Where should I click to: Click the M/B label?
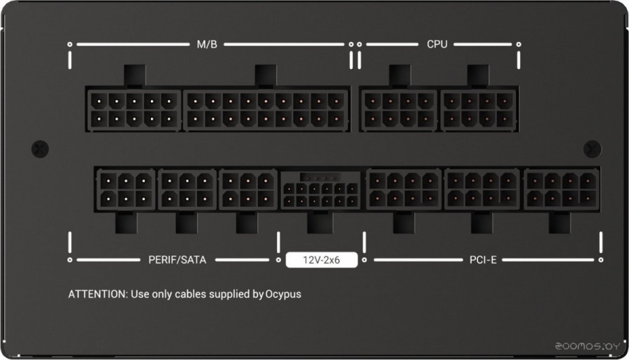207,44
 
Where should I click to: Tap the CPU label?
437,44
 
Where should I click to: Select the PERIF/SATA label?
178,259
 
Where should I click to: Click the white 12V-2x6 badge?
321,259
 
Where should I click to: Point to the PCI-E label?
483,259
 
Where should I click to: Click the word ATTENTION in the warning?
98,294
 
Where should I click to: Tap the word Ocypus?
283,294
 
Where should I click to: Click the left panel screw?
40,149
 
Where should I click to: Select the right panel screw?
592,149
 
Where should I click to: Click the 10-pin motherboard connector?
134,110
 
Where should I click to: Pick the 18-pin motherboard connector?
266,110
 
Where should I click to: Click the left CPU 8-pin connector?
399,110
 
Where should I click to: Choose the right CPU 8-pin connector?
478,110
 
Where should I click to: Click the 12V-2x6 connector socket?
320,191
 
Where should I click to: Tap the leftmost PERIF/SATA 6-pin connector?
126,190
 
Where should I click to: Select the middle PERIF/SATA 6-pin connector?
187,190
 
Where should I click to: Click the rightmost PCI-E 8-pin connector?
561,189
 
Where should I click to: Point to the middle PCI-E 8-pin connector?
482,189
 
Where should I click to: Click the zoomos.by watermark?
588,346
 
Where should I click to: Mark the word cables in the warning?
191,294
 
